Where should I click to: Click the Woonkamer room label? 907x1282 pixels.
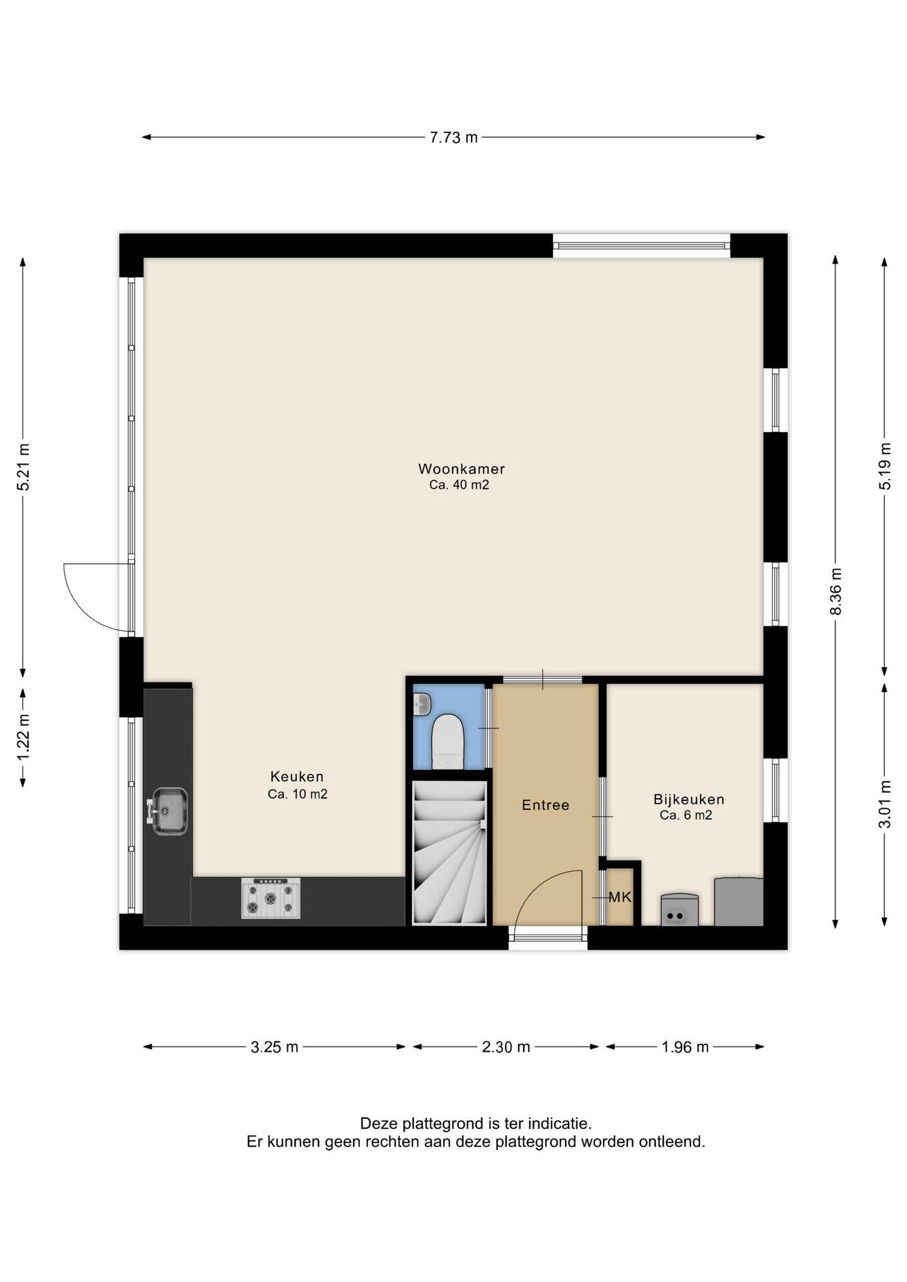(462, 468)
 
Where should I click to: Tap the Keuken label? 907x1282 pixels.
(297, 777)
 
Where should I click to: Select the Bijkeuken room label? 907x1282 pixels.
(689, 799)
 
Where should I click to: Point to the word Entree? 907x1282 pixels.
(546, 805)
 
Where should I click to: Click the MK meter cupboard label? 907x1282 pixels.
(620, 897)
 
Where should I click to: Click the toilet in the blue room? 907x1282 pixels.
(446, 741)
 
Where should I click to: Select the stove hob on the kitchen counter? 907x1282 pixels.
(270, 898)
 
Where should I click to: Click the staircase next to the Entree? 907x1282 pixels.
(449, 853)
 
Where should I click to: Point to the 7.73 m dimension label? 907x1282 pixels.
(453, 138)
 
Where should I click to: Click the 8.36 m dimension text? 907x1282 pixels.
(835, 592)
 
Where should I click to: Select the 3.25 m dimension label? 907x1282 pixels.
(275, 1047)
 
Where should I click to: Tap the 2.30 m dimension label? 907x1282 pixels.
(506, 1047)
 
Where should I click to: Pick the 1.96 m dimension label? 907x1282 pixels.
(685, 1047)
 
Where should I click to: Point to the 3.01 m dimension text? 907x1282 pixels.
(885, 804)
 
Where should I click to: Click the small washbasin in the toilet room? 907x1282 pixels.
(421, 702)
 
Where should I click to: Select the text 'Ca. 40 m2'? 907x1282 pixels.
(460, 485)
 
